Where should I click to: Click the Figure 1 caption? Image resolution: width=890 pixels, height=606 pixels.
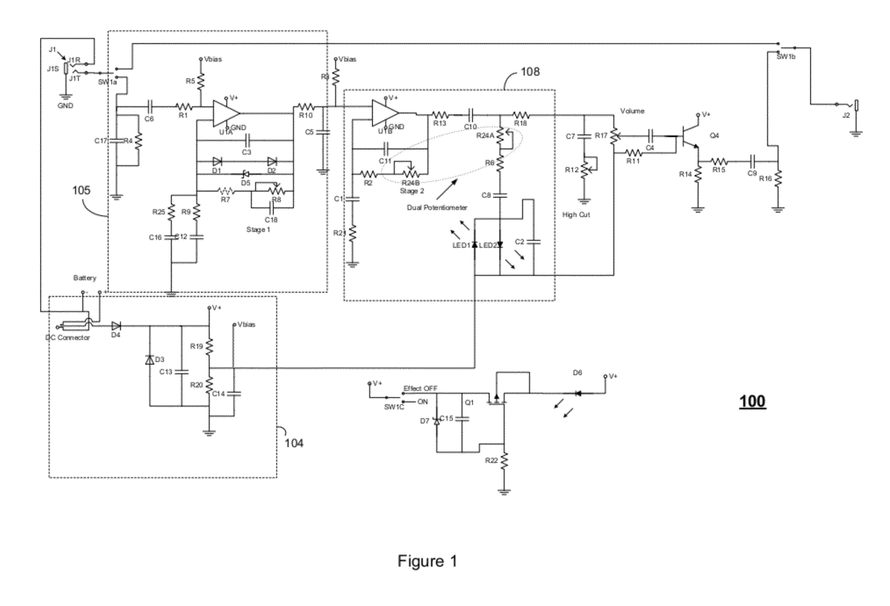coord(427,561)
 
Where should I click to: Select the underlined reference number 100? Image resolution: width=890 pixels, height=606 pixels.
coord(752,401)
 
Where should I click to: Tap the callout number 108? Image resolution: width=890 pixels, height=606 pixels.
coord(530,72)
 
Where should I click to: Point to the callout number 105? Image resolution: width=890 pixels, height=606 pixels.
coord(81,190)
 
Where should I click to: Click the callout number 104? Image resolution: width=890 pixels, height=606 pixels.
coord(294,444)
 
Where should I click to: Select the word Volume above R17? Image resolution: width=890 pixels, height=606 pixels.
coord(632,111)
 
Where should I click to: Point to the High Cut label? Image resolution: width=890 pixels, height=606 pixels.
coord(576,215)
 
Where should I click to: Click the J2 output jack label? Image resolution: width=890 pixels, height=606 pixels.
coord(846,116)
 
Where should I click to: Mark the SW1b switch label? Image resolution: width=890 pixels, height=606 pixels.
coord(785,57)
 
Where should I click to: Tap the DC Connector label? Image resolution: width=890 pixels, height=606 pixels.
coord(67,338)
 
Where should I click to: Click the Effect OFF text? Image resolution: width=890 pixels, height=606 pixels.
coord(421,388)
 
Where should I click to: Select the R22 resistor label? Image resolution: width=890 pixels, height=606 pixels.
coord(491,461)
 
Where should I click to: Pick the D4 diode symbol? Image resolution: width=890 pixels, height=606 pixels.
coord(116,327)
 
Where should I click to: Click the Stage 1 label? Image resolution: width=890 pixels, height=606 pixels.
coord(258,230)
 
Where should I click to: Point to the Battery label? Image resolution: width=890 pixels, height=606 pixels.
coord(85,278)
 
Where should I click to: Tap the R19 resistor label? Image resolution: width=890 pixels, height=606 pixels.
coord(196,346)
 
